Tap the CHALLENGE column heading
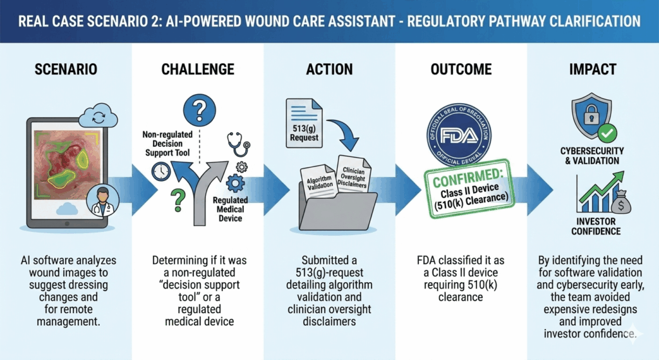click(198, 69)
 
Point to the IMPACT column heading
click(592, 69)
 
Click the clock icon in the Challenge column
click(162, 171)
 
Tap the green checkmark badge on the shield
click(607, 133)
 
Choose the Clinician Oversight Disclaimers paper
click(353, 173)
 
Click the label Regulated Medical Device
click(230, 209)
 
